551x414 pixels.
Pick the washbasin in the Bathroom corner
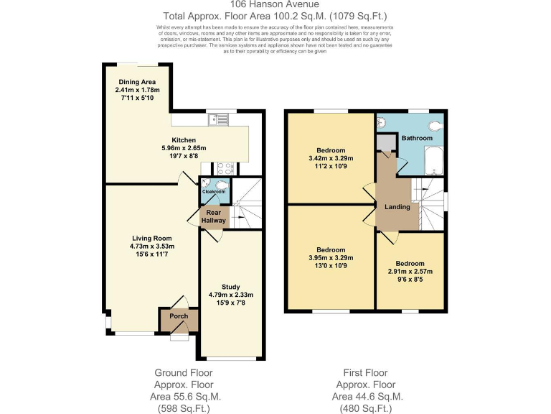coord(382,123)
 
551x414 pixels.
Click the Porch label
coord(178,316)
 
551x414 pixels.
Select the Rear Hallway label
coord(213,216)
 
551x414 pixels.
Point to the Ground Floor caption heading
coord(183,372)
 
